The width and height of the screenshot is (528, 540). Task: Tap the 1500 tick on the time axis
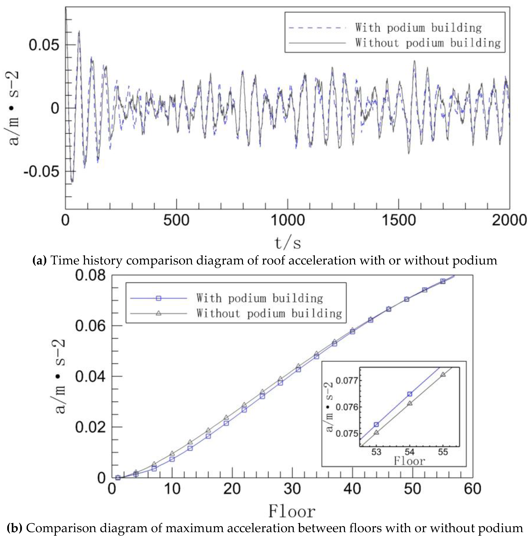tap(398, 221)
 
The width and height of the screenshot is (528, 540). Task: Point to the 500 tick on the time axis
tap(176, 221)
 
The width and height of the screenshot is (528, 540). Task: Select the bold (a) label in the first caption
tap(39, 260)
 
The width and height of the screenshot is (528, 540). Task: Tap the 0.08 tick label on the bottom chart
tap(90, 275)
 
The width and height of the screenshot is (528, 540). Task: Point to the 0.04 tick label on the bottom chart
tap(90, 377)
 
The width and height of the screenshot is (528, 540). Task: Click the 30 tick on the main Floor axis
tap(292, 489)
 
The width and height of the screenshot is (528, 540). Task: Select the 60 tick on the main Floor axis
tap(472, 489)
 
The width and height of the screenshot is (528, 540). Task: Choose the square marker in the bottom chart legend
tap(158, 298)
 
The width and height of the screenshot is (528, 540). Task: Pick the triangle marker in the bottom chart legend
tap(158, 313)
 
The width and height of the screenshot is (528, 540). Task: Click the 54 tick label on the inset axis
tap(410, 452)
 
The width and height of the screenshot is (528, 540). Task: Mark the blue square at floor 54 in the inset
tap(410, 394)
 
